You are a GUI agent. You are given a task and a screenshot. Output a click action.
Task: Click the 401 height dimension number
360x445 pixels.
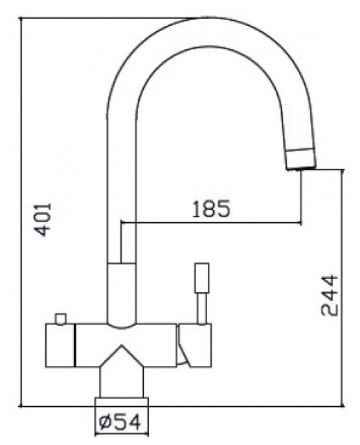42,218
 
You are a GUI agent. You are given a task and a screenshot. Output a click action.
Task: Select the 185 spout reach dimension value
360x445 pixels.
212,209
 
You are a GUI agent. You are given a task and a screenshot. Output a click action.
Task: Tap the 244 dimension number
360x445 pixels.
330,295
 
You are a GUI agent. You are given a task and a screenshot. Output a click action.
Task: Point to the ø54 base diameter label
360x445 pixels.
121,423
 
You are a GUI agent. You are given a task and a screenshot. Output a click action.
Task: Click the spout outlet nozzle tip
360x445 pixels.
300,165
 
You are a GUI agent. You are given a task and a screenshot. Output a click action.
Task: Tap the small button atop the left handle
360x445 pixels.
62,318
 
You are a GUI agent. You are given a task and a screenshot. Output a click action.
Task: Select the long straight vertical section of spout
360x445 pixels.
121,162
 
